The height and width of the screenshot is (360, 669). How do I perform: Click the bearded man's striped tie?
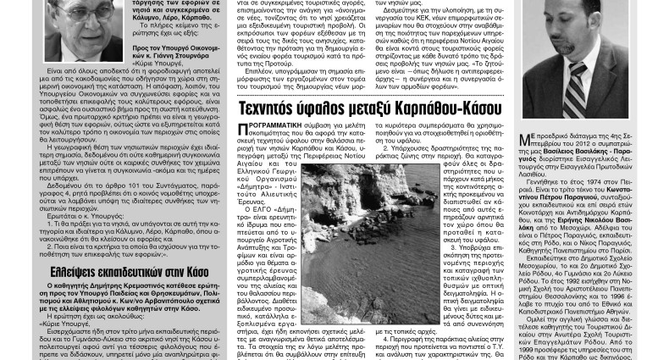[578, 77]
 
